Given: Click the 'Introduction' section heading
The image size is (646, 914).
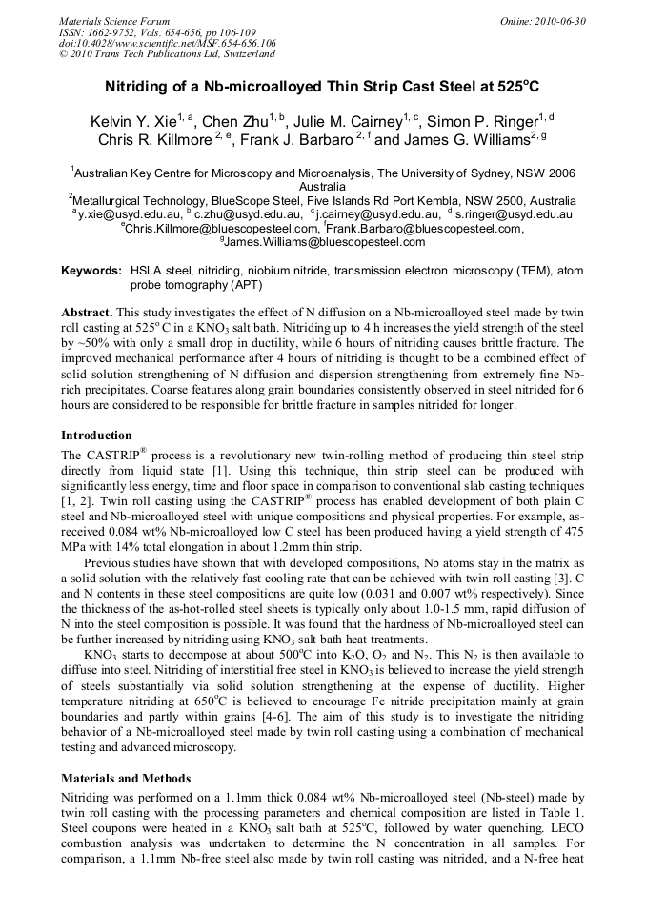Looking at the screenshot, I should coord(96,436).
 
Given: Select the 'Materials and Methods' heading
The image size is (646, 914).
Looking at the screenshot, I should coord(127,778).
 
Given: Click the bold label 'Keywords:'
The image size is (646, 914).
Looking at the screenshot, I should coord(91,271).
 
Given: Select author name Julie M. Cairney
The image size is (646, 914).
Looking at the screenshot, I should coord(347,122).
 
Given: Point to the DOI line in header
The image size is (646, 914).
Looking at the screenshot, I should coord(168,44).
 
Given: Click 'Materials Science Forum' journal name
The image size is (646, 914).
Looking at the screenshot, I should coord(114,21).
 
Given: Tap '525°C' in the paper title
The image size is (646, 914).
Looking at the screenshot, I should coord(518,86).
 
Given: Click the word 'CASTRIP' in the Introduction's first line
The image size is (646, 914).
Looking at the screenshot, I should coord(125,456).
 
